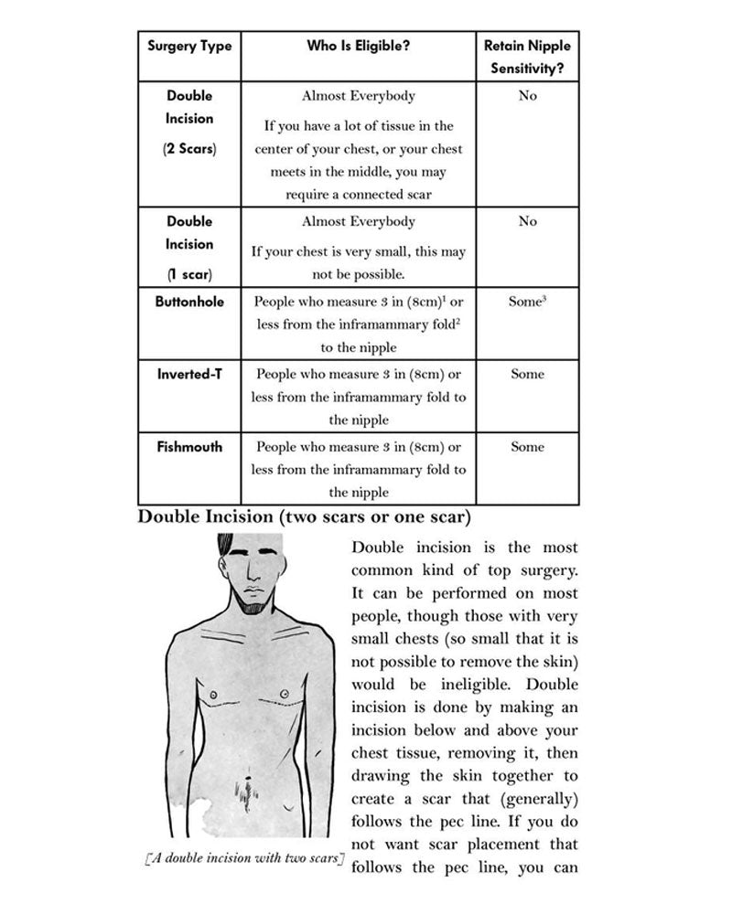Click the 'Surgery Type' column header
point(189,46)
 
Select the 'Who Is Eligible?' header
point(358,46)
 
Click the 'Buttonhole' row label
point(189,301)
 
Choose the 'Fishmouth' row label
point(189,447)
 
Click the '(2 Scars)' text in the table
point(189,148)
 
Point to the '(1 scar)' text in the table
point(189,273)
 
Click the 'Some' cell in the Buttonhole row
point(527,301)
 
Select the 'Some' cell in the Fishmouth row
point(527,447)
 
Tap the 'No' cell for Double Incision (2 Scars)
point(527,95)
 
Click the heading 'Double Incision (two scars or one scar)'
point(304,517)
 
